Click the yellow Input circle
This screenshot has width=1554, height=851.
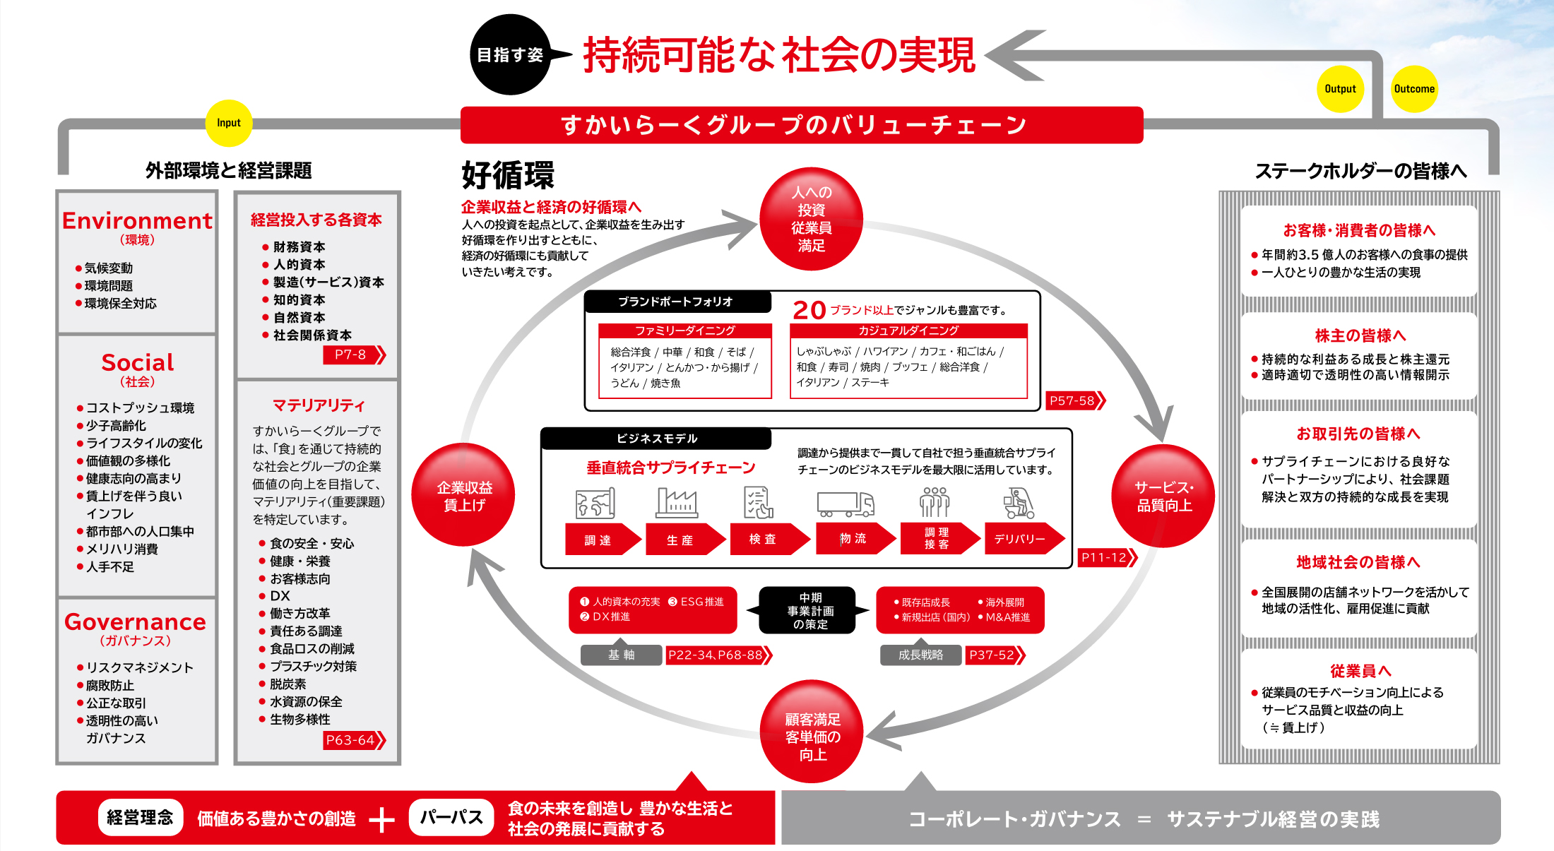coord(229,123)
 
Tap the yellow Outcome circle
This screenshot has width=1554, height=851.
coord(1414,89)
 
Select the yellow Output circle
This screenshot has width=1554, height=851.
coord(1340,89)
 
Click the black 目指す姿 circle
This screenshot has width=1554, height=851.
coord(510,54)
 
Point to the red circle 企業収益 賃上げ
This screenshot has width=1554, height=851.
coord(463,495)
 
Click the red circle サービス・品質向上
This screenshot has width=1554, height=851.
coord(1163,496)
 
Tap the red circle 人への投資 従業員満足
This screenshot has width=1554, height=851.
coord(811,219)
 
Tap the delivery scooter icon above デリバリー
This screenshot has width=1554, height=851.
coord(1019,503)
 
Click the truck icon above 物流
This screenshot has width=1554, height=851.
coord(846,504)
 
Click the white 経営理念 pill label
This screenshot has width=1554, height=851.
coord(140,818)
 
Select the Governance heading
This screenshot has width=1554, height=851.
coord(136,622)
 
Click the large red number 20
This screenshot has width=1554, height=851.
coord(809,310)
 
